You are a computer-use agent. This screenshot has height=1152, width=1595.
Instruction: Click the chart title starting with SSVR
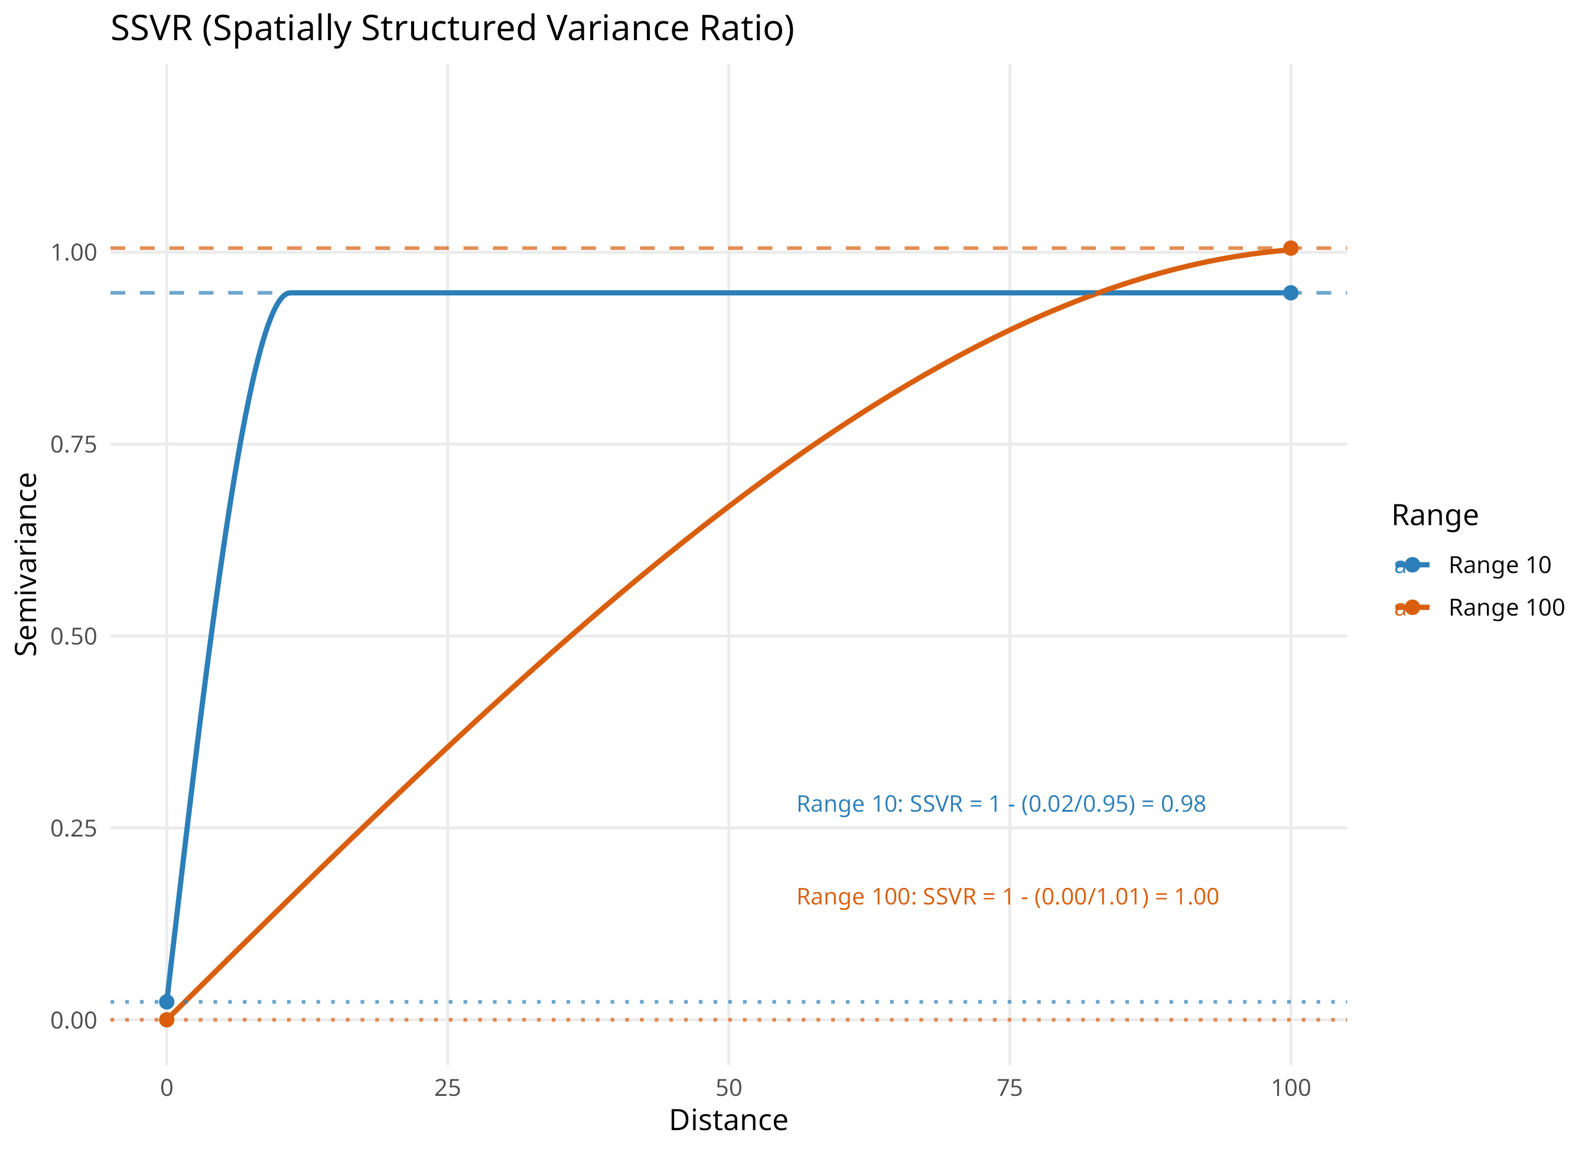coord(452,29)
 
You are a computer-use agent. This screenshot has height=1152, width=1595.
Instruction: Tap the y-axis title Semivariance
coord(26,564)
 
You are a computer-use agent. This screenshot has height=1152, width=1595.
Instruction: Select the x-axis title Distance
coord(728,1120)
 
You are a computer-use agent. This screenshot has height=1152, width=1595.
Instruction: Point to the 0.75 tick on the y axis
coord(73,444)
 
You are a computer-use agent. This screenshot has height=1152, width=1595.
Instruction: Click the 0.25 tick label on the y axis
coord(73,828)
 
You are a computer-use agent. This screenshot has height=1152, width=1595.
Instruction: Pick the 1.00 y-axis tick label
coord(73,252)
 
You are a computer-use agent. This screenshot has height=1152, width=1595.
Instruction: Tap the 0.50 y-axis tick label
coord(73,636)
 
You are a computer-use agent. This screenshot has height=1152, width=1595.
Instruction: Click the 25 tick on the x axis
coord(447,1088)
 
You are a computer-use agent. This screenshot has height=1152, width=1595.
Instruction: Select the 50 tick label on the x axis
coord(728,1088)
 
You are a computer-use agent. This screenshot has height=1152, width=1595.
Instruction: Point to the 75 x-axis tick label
coord(1010,1088)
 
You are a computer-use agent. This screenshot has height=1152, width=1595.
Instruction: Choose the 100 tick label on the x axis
coord(1291,1088)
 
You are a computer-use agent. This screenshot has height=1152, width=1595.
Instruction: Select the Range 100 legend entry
coord(1480,608)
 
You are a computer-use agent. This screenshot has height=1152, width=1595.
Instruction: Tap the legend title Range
coord(1435,516)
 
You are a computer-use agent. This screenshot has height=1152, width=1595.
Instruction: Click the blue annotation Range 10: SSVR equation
coord(1001,804)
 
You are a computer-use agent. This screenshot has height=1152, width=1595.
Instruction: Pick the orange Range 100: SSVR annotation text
coord(1007,897)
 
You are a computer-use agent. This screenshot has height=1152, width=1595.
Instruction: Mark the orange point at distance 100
coord(1291,248)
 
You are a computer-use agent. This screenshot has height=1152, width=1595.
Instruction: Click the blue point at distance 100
coord(1291,292)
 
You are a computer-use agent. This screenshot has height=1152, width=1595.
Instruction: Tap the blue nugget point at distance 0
coord(167,1001)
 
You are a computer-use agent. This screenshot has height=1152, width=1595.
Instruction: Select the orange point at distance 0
coord(167,1020)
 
